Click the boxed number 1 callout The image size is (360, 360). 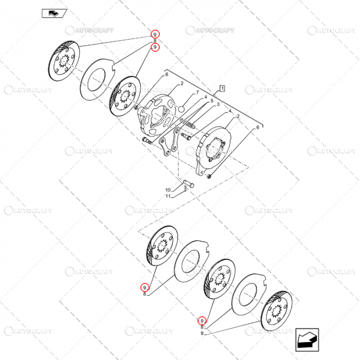tap(222, 88)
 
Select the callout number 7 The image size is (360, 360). tap(196, 93)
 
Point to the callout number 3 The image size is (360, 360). tap(218, 105)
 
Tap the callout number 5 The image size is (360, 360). tap(211, 101)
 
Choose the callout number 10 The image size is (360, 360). tap(168, 190)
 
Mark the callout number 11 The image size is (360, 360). tap(168, 196)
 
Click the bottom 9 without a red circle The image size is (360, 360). tap(202, 333)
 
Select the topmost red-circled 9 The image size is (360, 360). tap(155, 34)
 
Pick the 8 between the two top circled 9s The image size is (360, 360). tap(155, 41)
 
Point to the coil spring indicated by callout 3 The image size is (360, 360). tap(191, 124)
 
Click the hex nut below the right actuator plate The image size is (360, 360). tap(209, 177)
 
